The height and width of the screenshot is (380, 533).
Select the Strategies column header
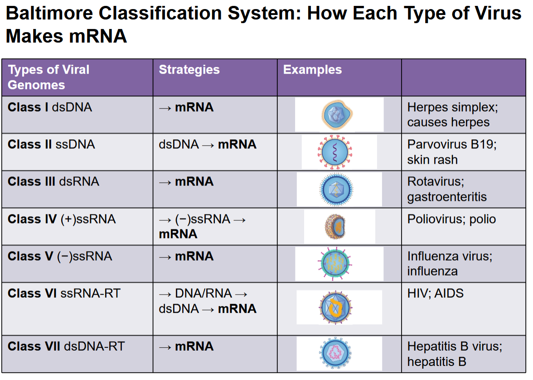[189, 70]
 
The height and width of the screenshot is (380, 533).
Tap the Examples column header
[312, 70]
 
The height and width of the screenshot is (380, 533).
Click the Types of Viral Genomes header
[48, 77]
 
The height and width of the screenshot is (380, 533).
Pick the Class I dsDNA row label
[50, 107]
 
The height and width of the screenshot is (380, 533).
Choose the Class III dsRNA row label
[53, 181]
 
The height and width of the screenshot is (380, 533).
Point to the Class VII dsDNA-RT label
[66, 347]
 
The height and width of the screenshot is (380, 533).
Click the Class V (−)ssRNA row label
[60, 256]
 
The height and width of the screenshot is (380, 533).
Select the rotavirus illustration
[336, 189]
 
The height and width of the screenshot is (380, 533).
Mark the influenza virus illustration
[336, 264]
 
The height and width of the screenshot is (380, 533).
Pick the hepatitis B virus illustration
[335, 353]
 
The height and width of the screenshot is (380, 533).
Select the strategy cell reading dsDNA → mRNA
[208, 145]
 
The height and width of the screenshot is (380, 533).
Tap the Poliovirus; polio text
[451, 219]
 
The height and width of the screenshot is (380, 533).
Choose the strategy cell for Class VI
[208, 301]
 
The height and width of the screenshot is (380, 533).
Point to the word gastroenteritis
[447, 197]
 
